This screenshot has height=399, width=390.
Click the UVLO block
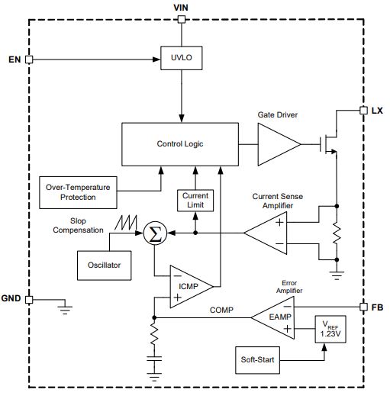coord(181,58)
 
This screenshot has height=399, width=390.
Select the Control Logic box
coord(180,144)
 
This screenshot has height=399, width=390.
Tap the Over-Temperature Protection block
coord(78,192)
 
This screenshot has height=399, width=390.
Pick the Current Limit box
coord(195,201)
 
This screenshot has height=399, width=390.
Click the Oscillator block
coord(105,265)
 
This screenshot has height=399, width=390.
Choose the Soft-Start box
coord(257,360)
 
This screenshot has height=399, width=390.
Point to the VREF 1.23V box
coord(330,330)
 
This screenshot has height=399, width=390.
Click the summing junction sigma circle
coord(155,233)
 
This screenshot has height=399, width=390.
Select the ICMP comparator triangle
coord(192,287)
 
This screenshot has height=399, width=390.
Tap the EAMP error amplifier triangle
coord(273,317)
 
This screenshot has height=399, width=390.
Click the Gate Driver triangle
coord(279,144)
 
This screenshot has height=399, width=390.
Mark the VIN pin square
coord(182,19)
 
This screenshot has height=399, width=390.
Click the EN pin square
coord(29,60)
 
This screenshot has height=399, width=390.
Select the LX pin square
coord(363,111)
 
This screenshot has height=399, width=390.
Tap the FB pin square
coord(363,307)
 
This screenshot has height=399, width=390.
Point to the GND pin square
coord(29,300)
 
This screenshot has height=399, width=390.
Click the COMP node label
coord(221,310)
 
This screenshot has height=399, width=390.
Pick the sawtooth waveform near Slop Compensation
coord(126,223)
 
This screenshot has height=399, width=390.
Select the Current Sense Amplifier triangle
coord(266,233)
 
